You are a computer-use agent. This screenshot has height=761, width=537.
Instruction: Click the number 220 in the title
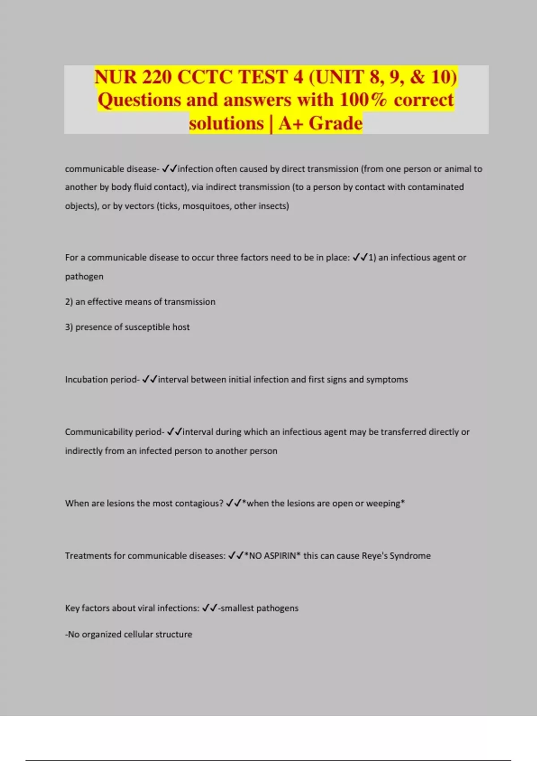point(157,77)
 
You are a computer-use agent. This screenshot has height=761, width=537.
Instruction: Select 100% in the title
point(363,100)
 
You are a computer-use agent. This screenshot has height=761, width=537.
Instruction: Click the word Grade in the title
point(335,123)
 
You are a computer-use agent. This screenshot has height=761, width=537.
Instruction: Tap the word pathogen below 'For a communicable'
point(84,277)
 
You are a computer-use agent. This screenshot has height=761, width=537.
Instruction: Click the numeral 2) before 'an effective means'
point(69,302)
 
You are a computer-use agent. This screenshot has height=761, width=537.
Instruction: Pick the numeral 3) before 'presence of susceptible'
point(69,327)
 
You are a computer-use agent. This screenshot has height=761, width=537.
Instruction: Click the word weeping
point(383,504)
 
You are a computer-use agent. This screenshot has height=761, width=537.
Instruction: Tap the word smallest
point(237,608)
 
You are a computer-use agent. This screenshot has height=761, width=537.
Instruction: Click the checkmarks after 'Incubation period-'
point(149,380)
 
